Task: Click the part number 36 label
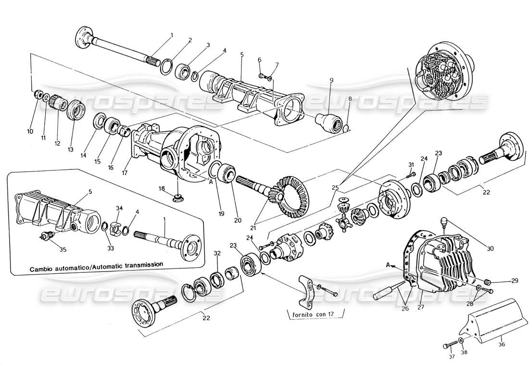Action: [x=501, y=344]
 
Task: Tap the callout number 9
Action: [x=332, y=82]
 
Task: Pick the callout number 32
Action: [x=217, y=253]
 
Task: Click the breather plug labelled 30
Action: [x=445, y=221]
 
